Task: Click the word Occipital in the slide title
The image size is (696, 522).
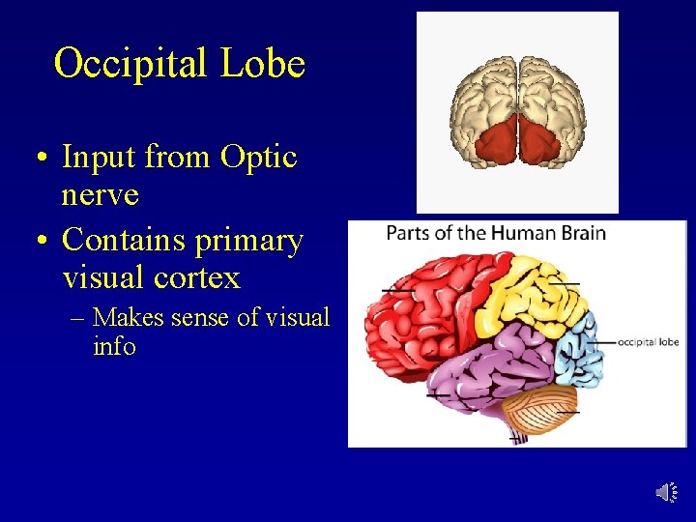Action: pos(131,65)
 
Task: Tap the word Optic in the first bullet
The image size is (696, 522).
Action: pos(258,157)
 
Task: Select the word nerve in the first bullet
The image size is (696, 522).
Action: pos(100,194)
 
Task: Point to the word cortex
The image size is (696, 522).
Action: pos(198,278)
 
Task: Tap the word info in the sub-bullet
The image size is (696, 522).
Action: pos(114,346)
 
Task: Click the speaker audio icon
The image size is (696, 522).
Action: pos(666,493)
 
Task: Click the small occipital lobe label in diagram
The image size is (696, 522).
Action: pos(648,341)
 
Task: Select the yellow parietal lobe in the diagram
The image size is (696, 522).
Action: pos(527,290)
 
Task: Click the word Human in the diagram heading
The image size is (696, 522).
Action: pos(521,233)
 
